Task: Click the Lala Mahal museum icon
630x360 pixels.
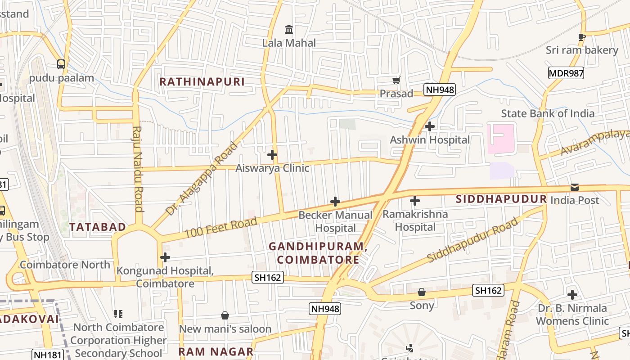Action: (x=289, y=30)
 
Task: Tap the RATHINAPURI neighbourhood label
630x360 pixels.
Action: (x=202, y=81)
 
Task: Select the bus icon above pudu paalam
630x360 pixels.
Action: (x=61, y=64)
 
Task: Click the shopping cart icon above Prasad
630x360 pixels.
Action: (x=396, y=81)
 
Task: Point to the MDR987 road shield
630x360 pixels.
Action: (x=566, y=73)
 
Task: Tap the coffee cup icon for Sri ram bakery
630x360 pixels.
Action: (x=581, y=36)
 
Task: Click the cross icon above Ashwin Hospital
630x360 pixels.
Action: (x=430, y=126)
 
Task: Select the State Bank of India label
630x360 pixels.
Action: (x=548, y=113)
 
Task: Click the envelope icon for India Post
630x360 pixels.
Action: (x=575, y=187)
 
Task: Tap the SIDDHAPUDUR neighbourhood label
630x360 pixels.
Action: (x=501, y=199)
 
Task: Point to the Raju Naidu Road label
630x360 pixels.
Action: (x=137, y=169)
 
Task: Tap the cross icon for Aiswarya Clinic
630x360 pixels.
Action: (x=272, y=155)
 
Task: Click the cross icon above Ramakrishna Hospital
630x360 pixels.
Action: (x=415, y=201)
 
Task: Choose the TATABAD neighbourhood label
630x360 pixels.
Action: (x=98, y=227)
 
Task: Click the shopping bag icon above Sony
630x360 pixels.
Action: (x=422, y=292)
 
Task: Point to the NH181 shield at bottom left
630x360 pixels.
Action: (x=47, y=355)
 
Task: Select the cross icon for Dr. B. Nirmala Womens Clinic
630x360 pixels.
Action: (x=572, y=295)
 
